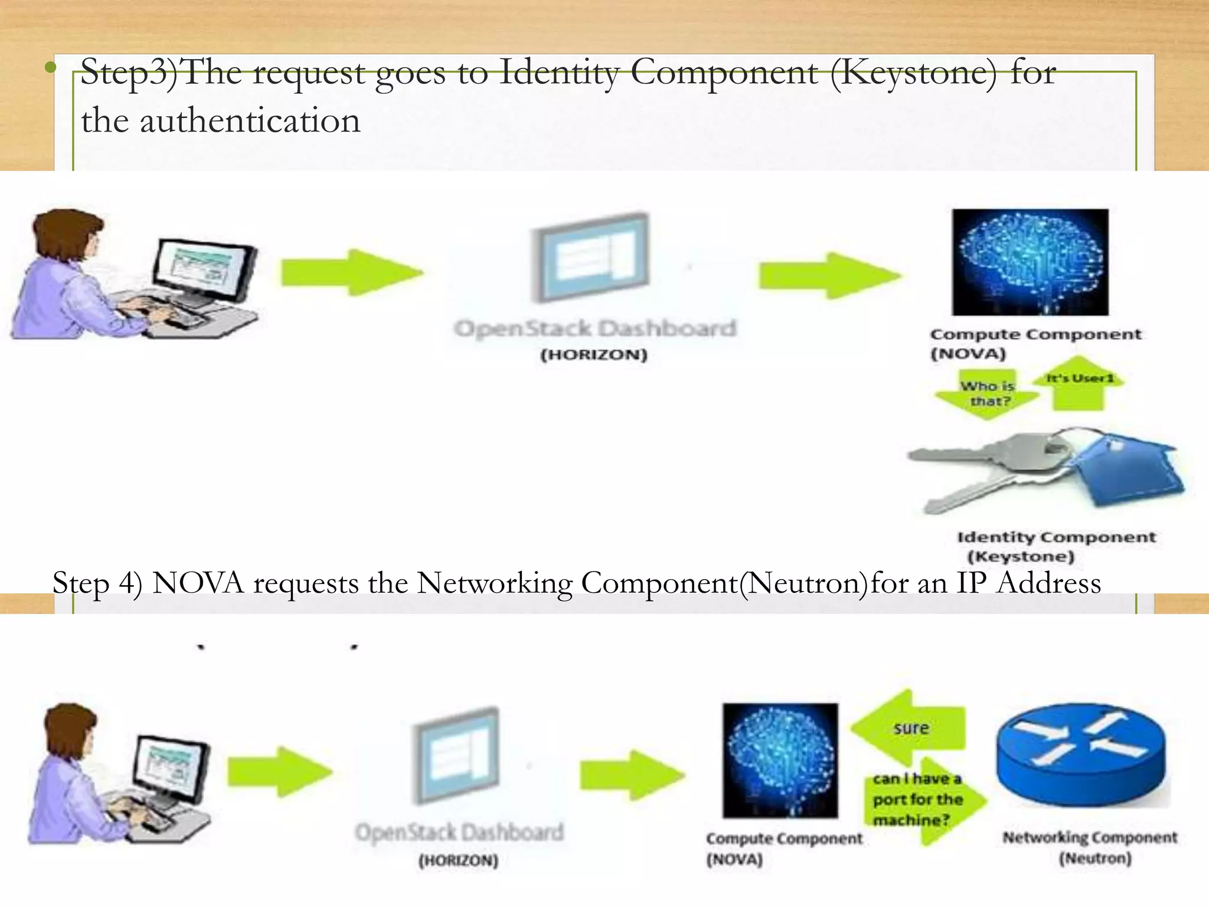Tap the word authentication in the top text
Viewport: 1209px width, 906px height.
[x=250, y=122]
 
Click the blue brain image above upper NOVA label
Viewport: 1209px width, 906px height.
[x=1030, y=262]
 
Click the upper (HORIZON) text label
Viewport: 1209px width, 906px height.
[x=594, y=355]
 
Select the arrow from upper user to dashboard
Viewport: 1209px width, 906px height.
[x=352, y=273]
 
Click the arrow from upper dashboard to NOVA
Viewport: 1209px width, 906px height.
[x=829, y=275]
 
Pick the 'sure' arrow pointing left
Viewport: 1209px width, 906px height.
[x=909, y=728]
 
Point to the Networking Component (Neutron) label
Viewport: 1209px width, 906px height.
[x=1089, y=847]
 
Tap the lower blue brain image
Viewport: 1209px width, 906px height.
[x=779, y=760]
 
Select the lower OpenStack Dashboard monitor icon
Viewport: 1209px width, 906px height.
[x=456, y=755]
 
